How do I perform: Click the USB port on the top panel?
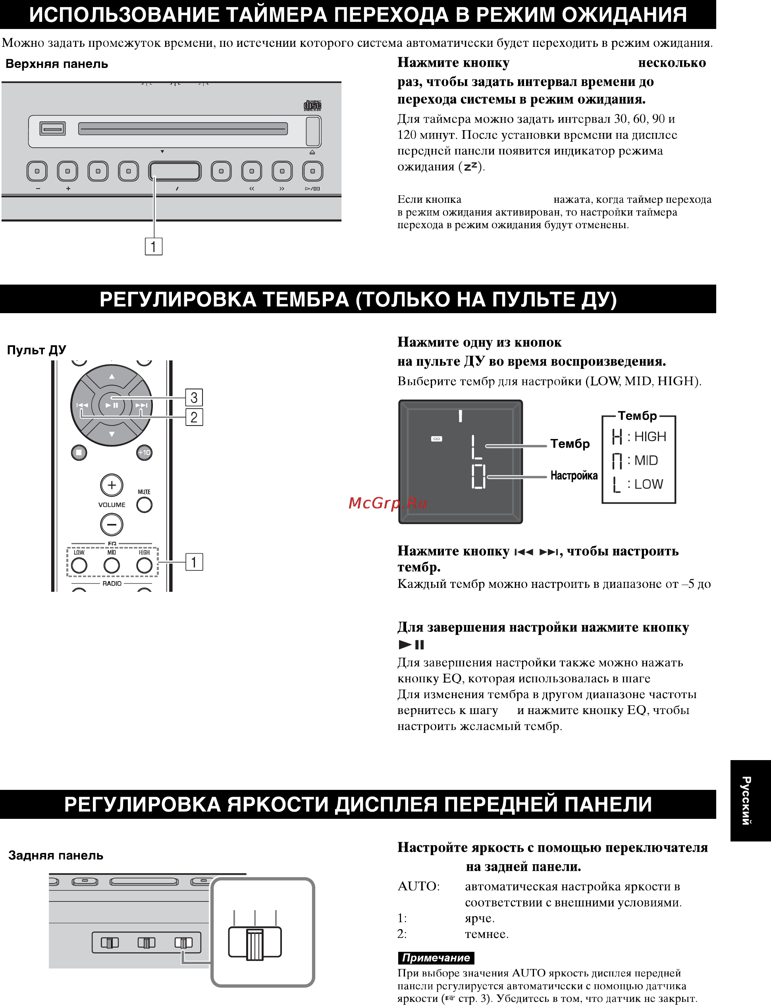pos(52,129)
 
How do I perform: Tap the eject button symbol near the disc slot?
pos(312,152)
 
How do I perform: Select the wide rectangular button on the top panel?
pos(175,171)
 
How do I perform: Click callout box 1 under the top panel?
pos(153,246)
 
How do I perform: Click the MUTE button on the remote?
pos(144,504)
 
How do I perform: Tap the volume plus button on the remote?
pos(112,485)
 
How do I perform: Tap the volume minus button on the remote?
pos(112,524)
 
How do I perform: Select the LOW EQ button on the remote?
pos(79,565)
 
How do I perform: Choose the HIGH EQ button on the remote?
pos(144,565)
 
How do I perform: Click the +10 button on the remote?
pos(144,452)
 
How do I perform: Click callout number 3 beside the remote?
pos(194,397)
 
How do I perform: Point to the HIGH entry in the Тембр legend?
pos(639,436)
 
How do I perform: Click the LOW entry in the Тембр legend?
pos(638,484)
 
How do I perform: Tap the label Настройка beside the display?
pos(574,475)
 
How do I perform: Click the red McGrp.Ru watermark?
pos(388,503)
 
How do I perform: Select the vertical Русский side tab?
pos(746,801)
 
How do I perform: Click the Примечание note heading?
pos(436,958)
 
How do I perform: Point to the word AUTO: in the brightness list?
pos(418,886)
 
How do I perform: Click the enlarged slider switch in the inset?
pos(255,943)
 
